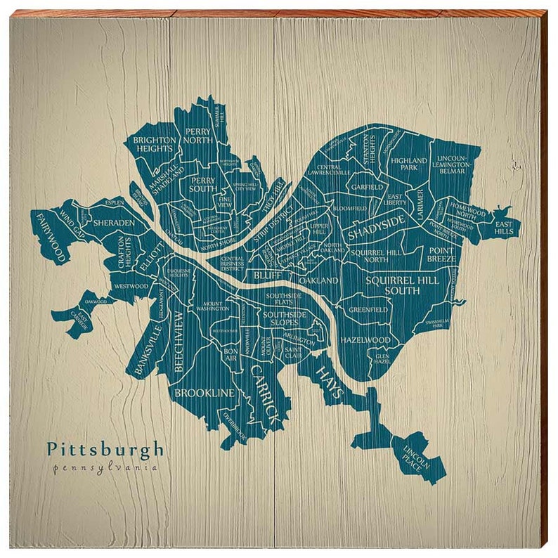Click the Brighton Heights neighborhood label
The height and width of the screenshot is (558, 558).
pyautogui.click(x=153, y=144)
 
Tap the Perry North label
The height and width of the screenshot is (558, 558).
pyautogui.click(x=199, y=136)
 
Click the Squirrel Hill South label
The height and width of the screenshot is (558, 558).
pyautogui.click(x=403, y=285)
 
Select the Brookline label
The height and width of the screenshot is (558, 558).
pyautogui.click(x=204, y=393)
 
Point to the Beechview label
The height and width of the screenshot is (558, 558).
pyautogui.click(x=179, y=340)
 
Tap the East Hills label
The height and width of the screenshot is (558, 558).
pyautogui.click(x=505, y=227)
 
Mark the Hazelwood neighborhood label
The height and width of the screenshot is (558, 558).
pyautogui.click(x=365, y=340)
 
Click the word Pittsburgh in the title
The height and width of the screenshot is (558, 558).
pyautogui.click(x=105, y=449)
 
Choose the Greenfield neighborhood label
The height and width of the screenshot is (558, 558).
pyautogui.click(x=368, y=309)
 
